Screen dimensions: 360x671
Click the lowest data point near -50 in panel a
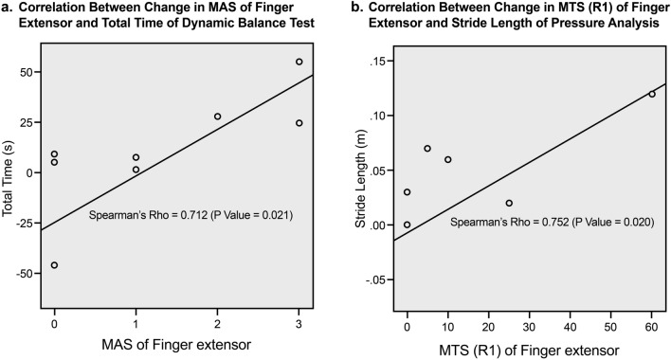[54, 265]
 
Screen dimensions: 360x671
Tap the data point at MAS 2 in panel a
[217, 117]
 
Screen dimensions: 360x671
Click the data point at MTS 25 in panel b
[509, 203]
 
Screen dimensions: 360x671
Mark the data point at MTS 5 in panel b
[427, 149]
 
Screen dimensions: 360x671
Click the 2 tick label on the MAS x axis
[217, 322]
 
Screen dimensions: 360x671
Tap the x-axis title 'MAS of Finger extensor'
[176, 346]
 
